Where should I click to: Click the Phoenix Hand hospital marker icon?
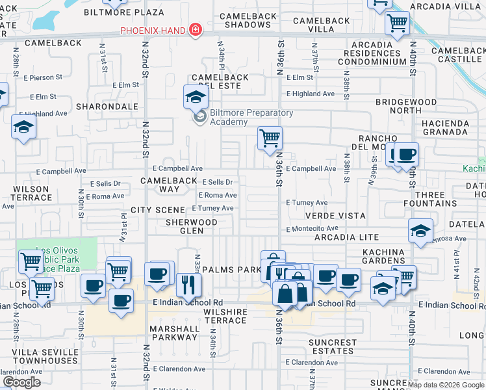tap(194, 31)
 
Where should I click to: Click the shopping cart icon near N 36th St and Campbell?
tap(270, 138)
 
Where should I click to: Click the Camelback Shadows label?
tap(245, 20)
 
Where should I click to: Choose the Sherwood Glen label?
tap(191, 226)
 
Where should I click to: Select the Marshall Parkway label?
tap(174, 333)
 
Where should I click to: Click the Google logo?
tap(22, 382)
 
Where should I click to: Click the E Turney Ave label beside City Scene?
tap(212, 208)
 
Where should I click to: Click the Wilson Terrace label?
tap(31, 193)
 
